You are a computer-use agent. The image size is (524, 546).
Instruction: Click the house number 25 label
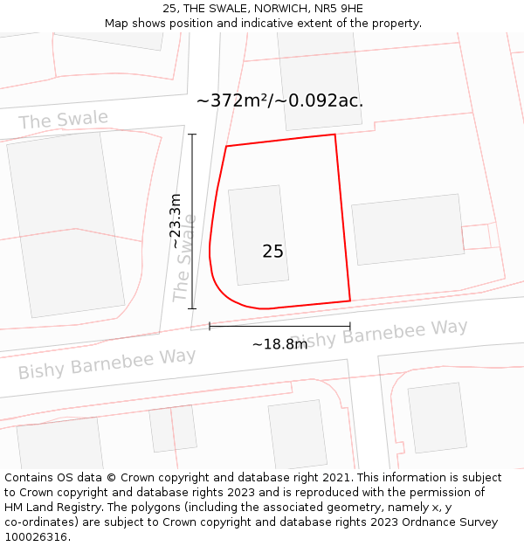pos(272,252)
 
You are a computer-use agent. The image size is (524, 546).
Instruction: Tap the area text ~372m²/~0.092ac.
pos(279,100)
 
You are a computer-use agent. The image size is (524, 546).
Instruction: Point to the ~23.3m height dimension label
pos(176,221)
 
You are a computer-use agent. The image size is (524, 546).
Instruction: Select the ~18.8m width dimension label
pos(279,344)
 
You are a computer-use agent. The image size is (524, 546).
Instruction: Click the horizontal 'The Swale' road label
pos(64,120)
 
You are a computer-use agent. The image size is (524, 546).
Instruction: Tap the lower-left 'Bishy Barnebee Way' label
pos(107,363)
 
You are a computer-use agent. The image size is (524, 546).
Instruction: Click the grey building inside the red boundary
pos(258,235)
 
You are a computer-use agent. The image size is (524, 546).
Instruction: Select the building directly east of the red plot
pos(408,229)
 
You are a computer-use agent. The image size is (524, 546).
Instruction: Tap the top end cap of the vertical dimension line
pos(192,135)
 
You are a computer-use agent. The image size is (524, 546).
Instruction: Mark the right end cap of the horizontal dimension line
pos(350,327)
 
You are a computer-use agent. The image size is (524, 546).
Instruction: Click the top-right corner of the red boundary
pos(335,135)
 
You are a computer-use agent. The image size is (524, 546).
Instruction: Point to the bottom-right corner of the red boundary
pos(350,301)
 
